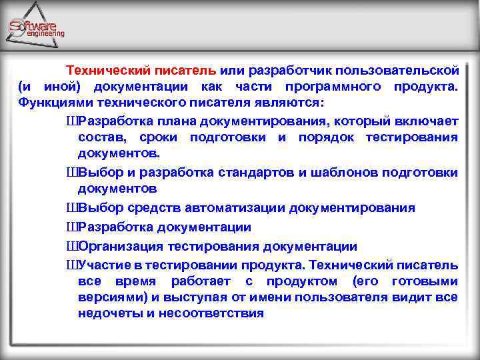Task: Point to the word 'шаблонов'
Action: tap(341, 173)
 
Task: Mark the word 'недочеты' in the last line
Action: tap(107, 313)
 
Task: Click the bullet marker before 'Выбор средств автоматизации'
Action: tap(72, 208)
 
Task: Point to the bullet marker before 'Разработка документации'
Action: tap(72, 227)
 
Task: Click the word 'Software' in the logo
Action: tap(33, 26)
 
